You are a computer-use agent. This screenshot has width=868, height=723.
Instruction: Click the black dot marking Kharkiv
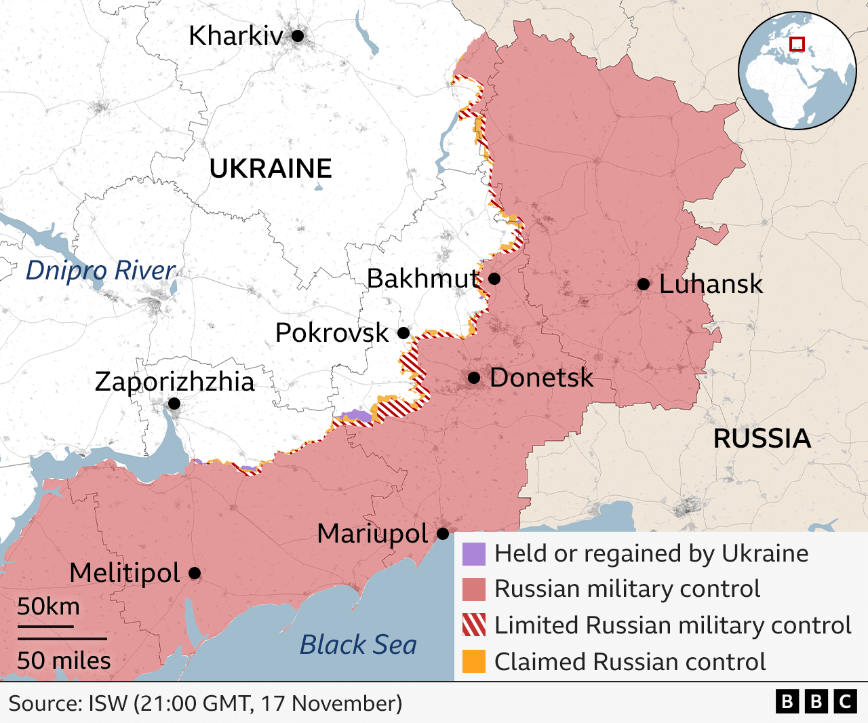[x=298, y=36]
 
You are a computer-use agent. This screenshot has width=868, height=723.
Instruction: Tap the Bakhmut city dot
[x=494, y=279]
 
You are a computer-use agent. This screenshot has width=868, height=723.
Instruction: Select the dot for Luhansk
[x=644, y=284]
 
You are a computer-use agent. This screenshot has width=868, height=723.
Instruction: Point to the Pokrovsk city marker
[x=403, y=333]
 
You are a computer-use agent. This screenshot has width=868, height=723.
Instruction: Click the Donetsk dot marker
[x=474, y=378]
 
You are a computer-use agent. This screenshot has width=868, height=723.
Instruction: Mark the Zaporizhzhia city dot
[x=174, y=404]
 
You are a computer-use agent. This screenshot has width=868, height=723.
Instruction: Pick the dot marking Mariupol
[x=443, y=534]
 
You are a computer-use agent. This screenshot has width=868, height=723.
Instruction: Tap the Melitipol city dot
[x=195, y=573]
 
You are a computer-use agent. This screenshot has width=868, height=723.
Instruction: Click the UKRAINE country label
[x=271, y=169]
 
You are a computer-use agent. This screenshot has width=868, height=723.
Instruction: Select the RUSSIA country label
[x=762, y=439]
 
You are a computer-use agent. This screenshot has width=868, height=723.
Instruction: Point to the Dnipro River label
[x=100, y=271]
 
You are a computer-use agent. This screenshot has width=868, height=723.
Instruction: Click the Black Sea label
[x=358, y=645]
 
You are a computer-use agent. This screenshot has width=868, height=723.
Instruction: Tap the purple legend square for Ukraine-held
[x=474, y=554]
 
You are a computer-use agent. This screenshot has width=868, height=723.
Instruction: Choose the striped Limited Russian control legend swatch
[x=474, y=625]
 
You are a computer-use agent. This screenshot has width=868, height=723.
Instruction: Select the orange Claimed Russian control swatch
[x=474, y=661]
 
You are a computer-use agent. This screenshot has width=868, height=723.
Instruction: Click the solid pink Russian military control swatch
[x=474, y=589]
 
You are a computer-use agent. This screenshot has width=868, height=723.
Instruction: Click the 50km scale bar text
[x=48, y=606]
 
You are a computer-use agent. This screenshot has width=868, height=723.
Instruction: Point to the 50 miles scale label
[x=64, y=660]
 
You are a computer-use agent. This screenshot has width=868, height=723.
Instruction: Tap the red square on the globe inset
[x=797, y=44]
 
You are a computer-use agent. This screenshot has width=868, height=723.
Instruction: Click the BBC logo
[x=816, y=701]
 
